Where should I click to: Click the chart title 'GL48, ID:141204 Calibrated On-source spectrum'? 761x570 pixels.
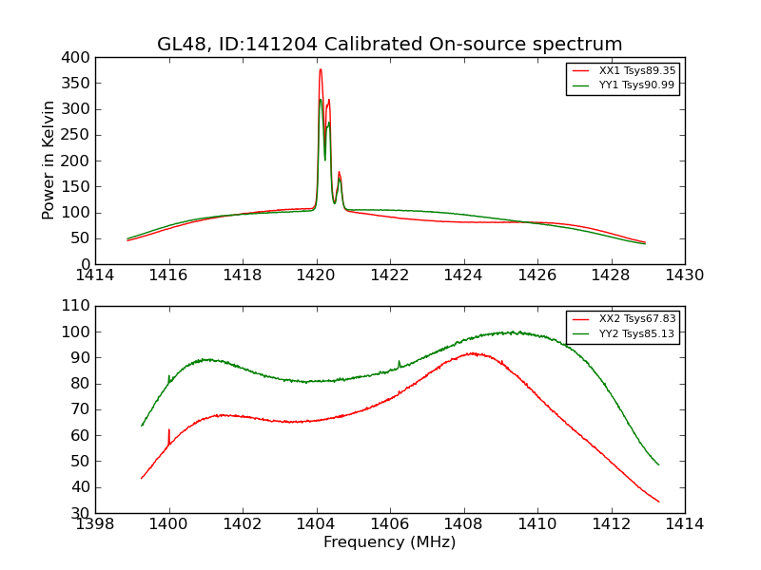(x=390, y=45)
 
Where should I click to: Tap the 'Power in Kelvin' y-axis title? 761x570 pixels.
(x=49, y=161)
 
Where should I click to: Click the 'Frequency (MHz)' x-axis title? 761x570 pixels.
(x=390, y=542)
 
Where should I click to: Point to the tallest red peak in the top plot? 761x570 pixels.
(x=321, y=69)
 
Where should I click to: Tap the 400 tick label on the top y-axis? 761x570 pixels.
(x=79, y=58)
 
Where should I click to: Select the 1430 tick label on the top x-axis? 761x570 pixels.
(x=684, y=275)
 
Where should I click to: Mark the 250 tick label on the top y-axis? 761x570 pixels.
(x=79, y=135)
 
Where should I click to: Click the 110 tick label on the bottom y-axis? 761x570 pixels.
(x=79, y=307)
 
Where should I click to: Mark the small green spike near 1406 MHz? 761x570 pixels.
(x=399, y=362)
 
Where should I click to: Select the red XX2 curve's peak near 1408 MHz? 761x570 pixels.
(x=473, y=353)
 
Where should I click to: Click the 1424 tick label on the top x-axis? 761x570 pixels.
(x=464, y=275)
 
